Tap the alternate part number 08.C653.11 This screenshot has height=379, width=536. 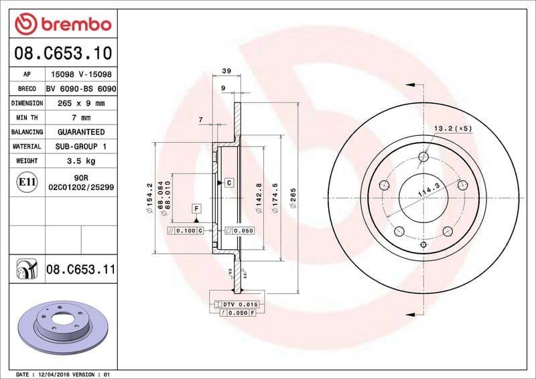click(81, 270)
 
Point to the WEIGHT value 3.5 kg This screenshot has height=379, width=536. click(81, 161)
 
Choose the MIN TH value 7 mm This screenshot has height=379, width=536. click(81, 118)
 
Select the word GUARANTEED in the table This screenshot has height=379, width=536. click(81, 132)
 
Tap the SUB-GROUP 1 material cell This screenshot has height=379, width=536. click(81, 146)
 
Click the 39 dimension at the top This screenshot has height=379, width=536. click(226, 71)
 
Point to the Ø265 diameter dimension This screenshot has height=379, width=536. click(292, 198)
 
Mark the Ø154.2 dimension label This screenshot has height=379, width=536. click(149, 198)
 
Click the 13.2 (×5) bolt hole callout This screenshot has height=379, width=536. click(453, 127)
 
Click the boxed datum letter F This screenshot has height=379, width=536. click(196, 208)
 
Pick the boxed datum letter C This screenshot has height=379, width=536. click(228, 182)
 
